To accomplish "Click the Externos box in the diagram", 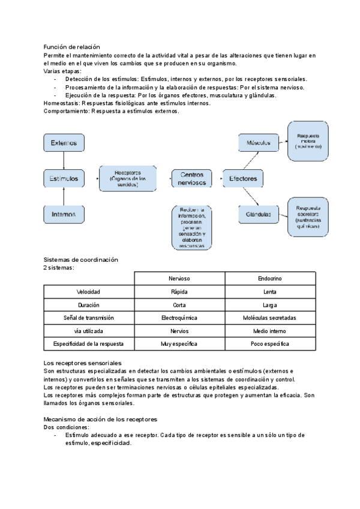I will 64,143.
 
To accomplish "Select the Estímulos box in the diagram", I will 64,178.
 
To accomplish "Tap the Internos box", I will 64,214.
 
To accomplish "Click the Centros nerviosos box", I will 193,178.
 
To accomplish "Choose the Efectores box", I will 243,178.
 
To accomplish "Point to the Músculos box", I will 259,143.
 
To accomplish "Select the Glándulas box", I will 259,214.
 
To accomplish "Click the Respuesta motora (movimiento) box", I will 308,142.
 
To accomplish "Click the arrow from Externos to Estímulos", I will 64,160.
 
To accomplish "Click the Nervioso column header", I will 179,279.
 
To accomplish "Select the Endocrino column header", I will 270,279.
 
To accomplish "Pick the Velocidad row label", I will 88,292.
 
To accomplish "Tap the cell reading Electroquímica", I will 179,318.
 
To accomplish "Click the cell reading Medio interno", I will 270,331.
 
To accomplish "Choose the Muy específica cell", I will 179,345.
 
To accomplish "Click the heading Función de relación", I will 72,47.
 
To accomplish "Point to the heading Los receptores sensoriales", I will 83,364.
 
